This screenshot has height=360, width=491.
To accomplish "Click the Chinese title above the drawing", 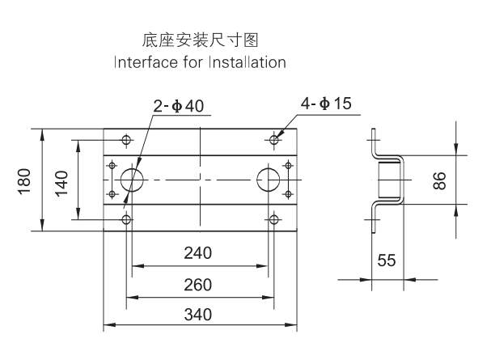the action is [x=200, y=40].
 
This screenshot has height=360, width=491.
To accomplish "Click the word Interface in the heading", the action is [x=146, y=62].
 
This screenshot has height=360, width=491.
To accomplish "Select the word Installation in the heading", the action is [x=248, y=62].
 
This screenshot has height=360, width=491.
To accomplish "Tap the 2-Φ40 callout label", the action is [x=179, y=106].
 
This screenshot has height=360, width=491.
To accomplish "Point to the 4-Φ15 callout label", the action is [x=326, y=104].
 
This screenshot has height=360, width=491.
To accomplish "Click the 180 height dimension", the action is [x=24, y=181].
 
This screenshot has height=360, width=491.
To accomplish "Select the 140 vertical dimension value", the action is [x=61, y=183].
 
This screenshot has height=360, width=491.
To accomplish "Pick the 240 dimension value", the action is [x=198, y=253].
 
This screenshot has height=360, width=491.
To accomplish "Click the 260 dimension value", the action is [x=198, y=285].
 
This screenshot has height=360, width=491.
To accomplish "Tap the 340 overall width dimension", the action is [x=198, y=315].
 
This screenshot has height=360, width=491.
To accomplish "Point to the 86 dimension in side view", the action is [x=439, y=180].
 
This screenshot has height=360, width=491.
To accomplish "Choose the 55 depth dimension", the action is [x=387, y=260].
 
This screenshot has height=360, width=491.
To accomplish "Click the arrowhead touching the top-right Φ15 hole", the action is [x=280, y=133].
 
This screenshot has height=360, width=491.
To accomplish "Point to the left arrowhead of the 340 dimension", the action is [x=109, y=325].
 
